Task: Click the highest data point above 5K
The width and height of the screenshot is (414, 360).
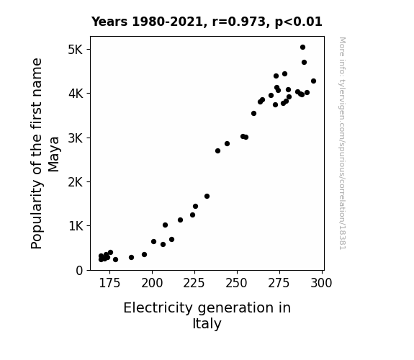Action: coord(302,48)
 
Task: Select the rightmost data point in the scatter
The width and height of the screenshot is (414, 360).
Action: coord(313,81)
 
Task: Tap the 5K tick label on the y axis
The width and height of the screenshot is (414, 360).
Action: coord(76,50)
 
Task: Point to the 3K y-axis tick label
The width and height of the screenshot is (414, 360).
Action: coord(76,138)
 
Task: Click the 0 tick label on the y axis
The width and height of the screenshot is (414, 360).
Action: coord(79,271)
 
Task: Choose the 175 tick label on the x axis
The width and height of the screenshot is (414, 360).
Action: coord(109,283)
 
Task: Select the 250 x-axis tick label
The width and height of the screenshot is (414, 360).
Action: coord(237,283)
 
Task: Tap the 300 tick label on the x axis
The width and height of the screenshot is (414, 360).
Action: coord(321,283)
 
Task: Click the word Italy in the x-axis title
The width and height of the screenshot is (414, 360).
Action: coord(207,323)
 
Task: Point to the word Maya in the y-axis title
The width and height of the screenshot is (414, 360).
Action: coord(54,154)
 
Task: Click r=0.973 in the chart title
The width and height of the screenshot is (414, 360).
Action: coord(239,22)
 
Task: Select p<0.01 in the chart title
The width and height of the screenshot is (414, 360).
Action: coord(298,22)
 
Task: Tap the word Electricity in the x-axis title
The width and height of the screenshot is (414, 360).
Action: coord(158,308)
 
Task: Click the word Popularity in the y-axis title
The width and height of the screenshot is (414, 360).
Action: coord(37,215)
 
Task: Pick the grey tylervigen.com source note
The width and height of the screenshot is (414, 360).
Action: coord(343,143)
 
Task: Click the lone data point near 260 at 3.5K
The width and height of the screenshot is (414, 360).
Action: coord(253,114)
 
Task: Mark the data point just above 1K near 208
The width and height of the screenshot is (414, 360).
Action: coord(166,225)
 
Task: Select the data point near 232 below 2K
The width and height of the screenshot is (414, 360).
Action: coord(207,197)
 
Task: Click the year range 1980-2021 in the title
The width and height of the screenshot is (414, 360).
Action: coord(167,22)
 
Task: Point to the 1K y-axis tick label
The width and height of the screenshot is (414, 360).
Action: coord(76,226)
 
